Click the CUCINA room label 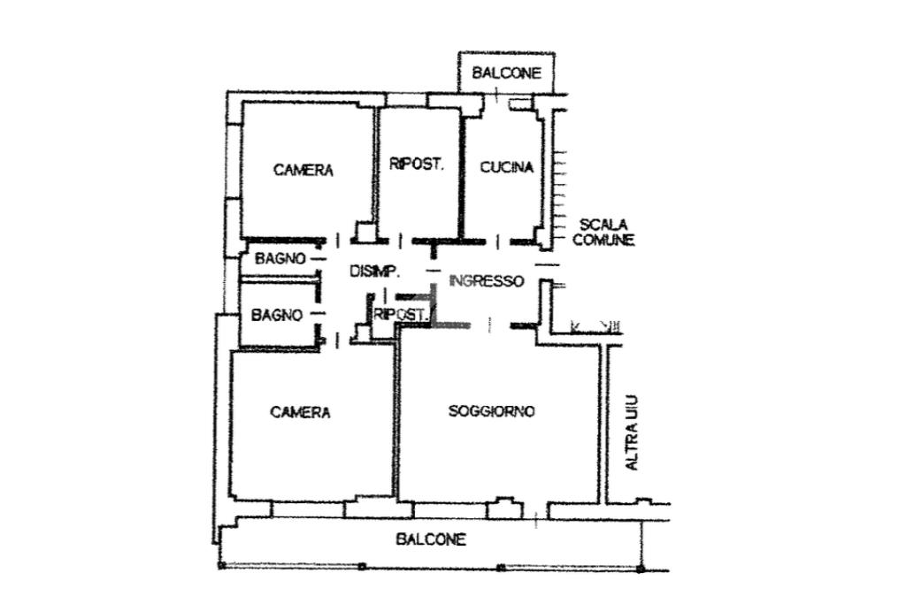click(506, 167)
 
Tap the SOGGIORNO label click(491, 410)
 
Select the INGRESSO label click(487, 281)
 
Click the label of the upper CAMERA click(303, 170)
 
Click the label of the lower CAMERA click(300, 412)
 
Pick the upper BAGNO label click(280, 259)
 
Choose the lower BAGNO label click(276, 315)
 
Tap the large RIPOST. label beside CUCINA click(416, 164)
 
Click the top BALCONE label click(506, 74)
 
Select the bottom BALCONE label click(431, 539)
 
